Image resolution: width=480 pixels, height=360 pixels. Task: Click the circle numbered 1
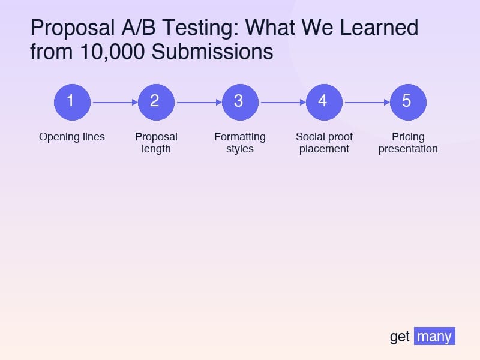point(72,102)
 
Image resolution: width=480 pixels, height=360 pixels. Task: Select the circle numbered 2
point(156,102)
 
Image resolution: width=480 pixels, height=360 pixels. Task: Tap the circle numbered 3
point(240,102)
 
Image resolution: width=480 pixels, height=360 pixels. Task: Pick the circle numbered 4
point(324,102)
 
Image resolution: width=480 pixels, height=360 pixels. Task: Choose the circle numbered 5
point(408,102)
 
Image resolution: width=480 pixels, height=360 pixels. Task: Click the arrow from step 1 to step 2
point(114,102)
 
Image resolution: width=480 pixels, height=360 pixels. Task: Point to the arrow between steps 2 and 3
point(198,102)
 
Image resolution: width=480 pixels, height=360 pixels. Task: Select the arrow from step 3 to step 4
point(282,102)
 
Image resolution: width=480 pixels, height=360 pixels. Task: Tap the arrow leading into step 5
point(366,102)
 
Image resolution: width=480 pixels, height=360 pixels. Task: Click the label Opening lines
point(72,137)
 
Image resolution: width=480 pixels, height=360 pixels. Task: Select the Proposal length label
point(156,143)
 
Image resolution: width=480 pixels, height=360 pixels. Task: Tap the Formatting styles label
point(240,143)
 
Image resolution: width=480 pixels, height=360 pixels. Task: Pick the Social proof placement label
point(324,143)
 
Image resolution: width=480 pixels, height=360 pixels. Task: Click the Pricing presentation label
point(408,143)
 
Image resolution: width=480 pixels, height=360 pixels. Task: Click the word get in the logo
point(400,337)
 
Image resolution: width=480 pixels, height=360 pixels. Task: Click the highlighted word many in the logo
point(434,336)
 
